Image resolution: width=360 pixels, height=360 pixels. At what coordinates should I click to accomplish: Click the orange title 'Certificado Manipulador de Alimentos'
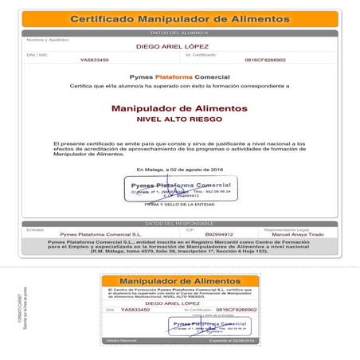click(179, 18)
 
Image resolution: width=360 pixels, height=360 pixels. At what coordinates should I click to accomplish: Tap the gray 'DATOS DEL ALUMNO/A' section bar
click(179, 33)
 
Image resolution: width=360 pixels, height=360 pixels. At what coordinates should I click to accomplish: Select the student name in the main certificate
click(179, 46)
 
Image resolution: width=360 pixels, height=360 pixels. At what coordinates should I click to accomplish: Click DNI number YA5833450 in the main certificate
click(95, 60)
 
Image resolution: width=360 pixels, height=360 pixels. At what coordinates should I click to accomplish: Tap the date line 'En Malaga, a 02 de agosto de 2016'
click(179, 169)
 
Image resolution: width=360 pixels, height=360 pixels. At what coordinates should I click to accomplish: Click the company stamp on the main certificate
click(179, 190)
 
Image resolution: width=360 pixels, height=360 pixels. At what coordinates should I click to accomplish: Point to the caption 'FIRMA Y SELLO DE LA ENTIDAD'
click(179, 205)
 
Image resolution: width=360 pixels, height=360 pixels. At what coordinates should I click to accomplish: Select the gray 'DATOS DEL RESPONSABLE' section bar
click(179, 224)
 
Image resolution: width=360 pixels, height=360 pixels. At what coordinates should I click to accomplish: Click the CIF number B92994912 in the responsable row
click(219, 235)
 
